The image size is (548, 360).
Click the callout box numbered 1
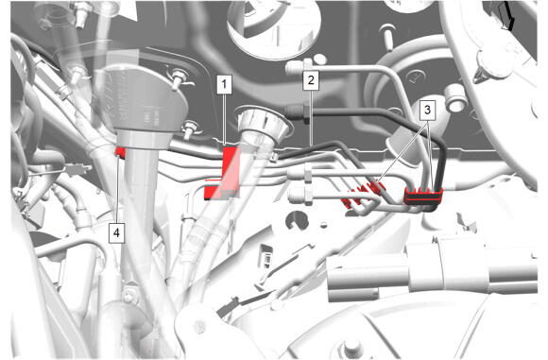224,84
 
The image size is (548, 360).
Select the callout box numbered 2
311,80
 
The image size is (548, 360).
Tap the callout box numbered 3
427,111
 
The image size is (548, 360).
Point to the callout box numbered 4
116,233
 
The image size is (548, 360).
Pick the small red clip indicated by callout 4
121,152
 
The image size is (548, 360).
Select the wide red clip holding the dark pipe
423,197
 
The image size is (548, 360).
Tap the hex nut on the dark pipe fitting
305,111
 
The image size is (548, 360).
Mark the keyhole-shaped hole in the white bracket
296,221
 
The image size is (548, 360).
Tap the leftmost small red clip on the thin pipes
346,202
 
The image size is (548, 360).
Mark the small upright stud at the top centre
387,34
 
